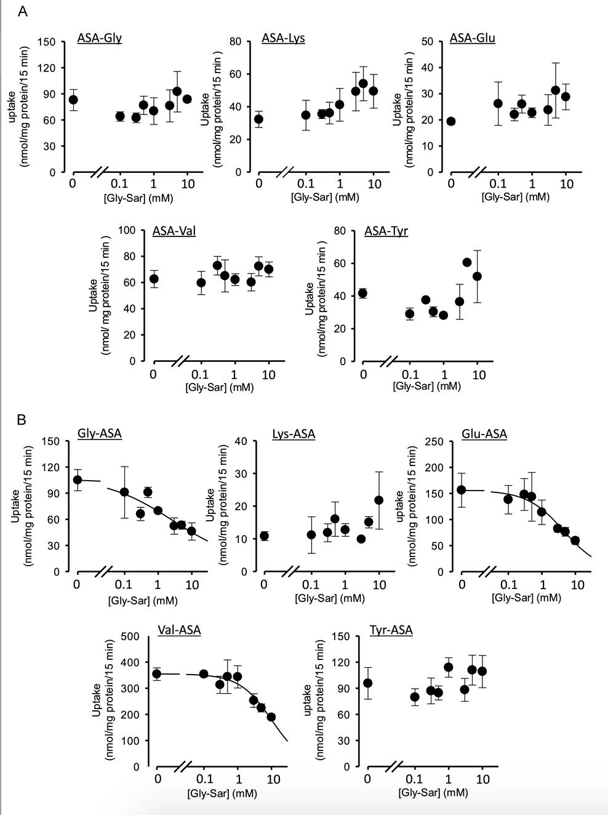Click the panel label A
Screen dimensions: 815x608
pyautogui.click(x=23, y=12)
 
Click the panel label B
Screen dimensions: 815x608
pyautogui.click(x=22, y=420)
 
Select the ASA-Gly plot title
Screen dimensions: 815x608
pyautogui.click(x=99, y=38)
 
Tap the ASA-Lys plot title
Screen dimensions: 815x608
pyautogui.click(x=283, y=38)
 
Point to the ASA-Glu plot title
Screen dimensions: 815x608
pyautogui.click(x=472, y=38)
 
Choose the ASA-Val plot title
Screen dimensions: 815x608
pyautogui.click(x=174, y=231)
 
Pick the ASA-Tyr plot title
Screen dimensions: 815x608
pyautogui.click(x=386, y=231)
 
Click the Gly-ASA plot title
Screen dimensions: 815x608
pyautogui.click(x=99, y=433)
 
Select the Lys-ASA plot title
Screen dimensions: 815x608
pyautogui.click(x=294, y=434)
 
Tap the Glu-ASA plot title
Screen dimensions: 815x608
pyautogui.click(x=484, y=434)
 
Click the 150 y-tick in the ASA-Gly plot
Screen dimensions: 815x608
pyautogui.click(x=47, y=42)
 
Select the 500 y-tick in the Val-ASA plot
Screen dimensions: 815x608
pyautogui.click(x=130, y=636)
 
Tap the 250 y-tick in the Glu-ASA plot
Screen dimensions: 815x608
pyautogui.click(x=434, y=441)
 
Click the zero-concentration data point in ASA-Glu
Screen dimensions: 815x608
pyautogui.click(x=451, y=121)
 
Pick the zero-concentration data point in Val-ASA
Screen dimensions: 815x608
pyautogui.click(x=157, y=674)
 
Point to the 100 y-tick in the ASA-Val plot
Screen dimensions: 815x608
pyautogui.click(x=127, y=230)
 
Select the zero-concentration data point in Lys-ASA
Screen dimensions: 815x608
pyautogui.click(x=264, y=536)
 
